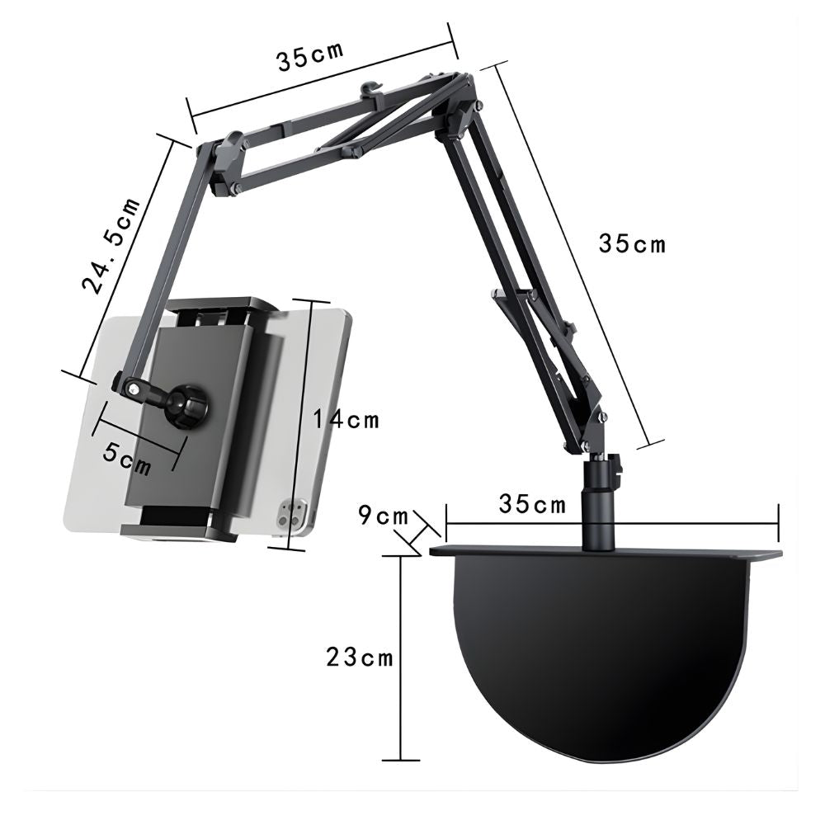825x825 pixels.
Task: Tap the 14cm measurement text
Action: [x=346, y=419]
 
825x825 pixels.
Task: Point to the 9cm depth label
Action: [x=383, y=516]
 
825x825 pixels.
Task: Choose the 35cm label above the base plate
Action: [x=532, y=504]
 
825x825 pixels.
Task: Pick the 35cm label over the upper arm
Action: [x=309, y=56]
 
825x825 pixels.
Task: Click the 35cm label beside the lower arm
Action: [x=631, y=243]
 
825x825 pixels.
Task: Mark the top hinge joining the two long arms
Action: [x=459, y=103]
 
